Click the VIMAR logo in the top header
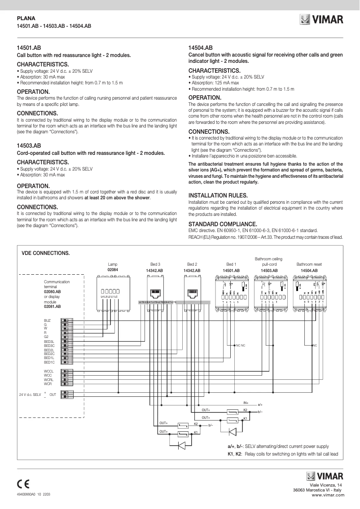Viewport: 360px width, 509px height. click(x=321, y=20)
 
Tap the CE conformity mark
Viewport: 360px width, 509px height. click(x=23, y=483)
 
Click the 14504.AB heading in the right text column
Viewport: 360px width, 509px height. click(x=200, y=47)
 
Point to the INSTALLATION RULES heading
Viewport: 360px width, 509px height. click(x=218, y=196)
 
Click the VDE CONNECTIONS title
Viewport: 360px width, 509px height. click(x=45, y=253)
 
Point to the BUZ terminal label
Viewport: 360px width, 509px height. click(x=47, y=320)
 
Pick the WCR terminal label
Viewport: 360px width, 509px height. click(x=48, y=384)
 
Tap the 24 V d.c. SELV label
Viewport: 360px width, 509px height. click(x=30, y=395)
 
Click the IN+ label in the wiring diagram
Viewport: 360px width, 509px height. click(x=246, y=403)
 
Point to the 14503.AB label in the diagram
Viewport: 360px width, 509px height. click(x=269, y=271)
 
